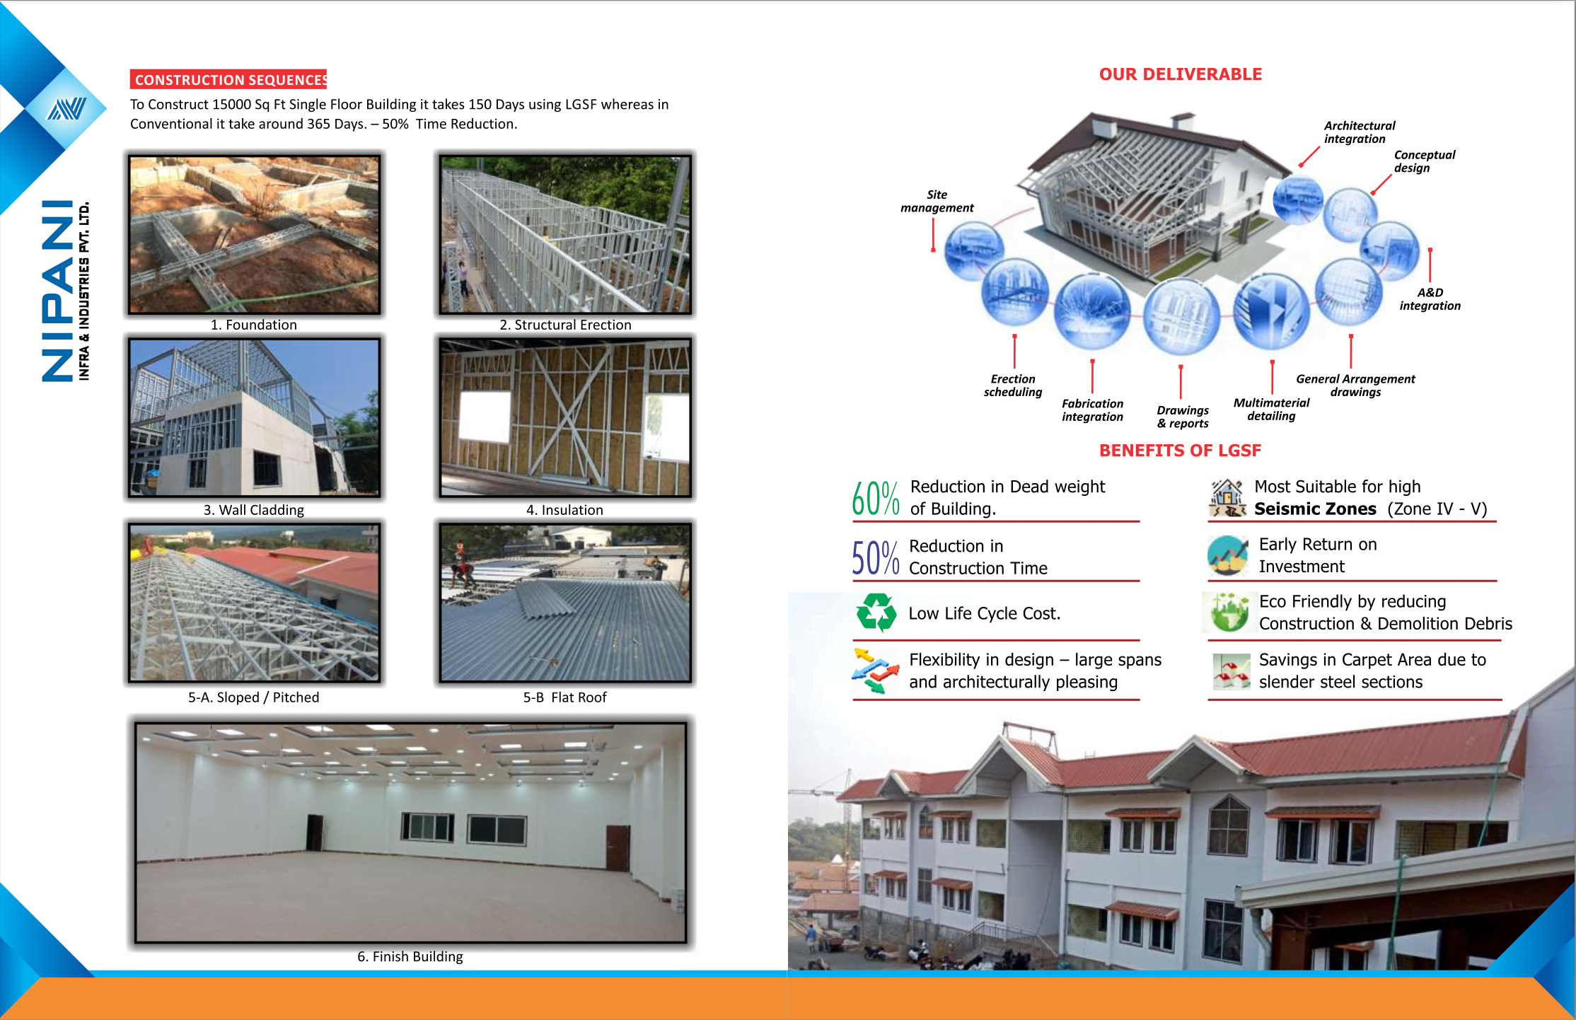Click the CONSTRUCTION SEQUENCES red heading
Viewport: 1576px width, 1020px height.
(229, 79)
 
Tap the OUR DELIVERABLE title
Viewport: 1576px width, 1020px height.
(1180, 74)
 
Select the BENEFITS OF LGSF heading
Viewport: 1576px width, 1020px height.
(1180, 451)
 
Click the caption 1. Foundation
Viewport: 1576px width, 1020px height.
(253, 325)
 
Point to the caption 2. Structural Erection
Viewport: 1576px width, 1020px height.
(565, 325)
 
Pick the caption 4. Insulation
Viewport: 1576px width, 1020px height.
(564, 510)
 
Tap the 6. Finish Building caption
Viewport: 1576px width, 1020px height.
(410, 956)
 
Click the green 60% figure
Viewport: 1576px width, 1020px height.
(875, 499)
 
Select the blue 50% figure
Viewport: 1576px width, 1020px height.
(875, 557)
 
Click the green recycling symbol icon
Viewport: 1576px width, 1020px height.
(876, 613)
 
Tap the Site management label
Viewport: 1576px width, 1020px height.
(937, 201)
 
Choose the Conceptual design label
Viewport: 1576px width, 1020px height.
(1424, 161)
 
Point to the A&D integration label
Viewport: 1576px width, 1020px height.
(1430, 299)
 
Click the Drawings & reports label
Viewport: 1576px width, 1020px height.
(1183, 417)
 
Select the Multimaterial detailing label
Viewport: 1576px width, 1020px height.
(1271, 409)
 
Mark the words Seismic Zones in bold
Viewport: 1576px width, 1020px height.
(1315, 509)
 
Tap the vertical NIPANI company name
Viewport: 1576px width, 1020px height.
(58, 291)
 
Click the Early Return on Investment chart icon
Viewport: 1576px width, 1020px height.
(1227, 555)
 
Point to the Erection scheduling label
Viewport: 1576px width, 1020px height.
(1012, 386)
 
